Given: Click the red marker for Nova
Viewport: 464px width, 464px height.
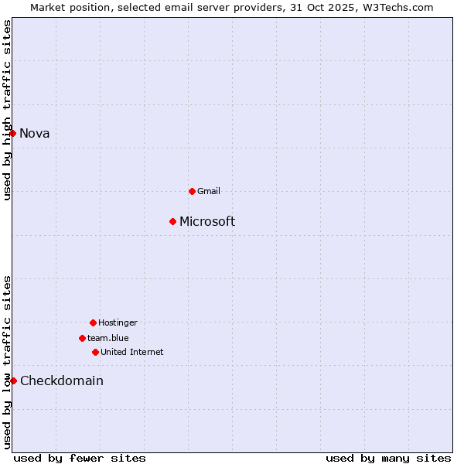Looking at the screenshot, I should tap(13, 133).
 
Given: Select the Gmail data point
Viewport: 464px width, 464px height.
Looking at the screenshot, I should tap(193, 191).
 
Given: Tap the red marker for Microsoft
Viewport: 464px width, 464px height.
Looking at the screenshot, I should tap(172, 222).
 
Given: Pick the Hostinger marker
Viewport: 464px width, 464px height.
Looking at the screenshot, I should tap(93, 322).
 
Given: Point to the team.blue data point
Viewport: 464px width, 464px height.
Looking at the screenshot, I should tap(82, 338).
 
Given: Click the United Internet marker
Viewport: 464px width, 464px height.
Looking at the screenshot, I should tap(95, 352).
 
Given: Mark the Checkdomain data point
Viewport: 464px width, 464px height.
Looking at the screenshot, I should tap(13, 380).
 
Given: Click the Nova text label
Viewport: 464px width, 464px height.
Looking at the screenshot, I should tap(35, 133).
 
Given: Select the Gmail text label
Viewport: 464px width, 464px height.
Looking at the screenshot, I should tap(209, 191).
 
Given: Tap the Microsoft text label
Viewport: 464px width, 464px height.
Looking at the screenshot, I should tap(207, 222).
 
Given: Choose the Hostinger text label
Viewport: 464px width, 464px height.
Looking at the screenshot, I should tap(118, 322).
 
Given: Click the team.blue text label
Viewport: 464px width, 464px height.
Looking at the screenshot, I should tap(108, 338).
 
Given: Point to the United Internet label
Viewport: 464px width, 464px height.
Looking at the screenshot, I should tap(132, 352).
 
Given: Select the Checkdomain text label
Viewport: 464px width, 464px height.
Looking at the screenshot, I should tap(62, 380).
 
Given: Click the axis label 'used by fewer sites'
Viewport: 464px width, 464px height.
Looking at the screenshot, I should tap(80, 458).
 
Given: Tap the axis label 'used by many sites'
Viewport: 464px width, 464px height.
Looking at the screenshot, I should tap(388, 458).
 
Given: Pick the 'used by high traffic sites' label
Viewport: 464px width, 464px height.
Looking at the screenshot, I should tap(7, 110).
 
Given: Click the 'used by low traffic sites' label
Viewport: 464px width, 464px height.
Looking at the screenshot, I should tap(7, 362).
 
